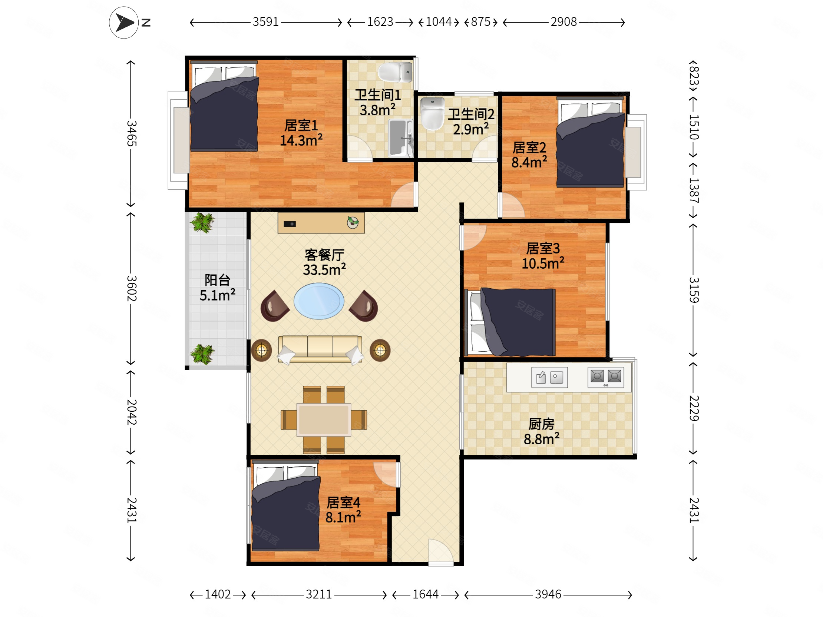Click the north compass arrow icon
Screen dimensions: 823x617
coord(124,22)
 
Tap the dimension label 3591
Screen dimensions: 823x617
coord(266,22)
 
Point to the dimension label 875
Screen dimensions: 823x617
coord(481,22)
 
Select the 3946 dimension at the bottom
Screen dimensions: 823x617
coord(548,594)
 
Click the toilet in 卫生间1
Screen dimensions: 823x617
coord(395,72)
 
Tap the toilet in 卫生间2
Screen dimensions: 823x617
coord(432,114)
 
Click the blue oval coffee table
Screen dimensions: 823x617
coord(319,301)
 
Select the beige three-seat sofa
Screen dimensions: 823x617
coord(320,349)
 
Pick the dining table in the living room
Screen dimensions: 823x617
coord(324,419)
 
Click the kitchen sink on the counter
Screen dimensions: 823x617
coord(549,378)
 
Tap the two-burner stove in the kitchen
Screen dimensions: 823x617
coord(606,378)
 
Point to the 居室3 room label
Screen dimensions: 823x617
coord(543,248)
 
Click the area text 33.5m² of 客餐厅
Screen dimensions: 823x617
coord(324,270)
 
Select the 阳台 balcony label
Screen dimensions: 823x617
coord(217,280)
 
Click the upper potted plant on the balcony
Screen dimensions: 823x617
coord(202,222)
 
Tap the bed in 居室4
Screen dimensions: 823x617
coord(286,506)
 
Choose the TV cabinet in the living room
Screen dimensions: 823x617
coord(321,223)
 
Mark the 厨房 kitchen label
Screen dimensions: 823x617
coord(541,424)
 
